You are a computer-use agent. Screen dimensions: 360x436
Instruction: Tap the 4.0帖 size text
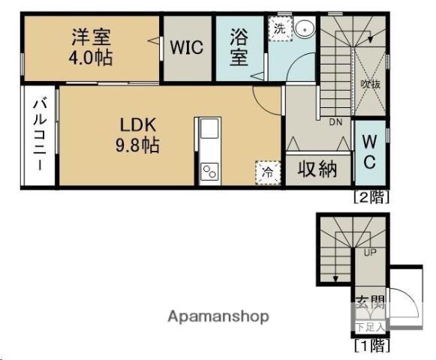point(93,57)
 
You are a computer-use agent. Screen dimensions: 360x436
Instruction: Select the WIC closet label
point(186,47)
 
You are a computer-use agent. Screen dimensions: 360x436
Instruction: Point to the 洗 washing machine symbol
point(279,30)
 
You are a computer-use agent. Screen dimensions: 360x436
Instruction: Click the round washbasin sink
point(305,29)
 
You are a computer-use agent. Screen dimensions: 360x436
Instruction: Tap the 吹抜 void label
point(369,84)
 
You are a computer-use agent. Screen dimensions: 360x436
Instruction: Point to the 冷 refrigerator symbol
point(267,172)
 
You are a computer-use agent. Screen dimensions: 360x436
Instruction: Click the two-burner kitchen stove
point(208,172)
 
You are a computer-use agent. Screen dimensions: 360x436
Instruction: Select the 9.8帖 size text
point(137,145)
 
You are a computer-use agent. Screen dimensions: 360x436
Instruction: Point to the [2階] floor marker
point(371,198)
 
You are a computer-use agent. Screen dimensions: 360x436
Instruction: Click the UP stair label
point(369,253)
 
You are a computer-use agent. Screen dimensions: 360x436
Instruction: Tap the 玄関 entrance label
point(370,304)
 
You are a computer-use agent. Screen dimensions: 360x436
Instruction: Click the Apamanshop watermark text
point(218,316)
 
